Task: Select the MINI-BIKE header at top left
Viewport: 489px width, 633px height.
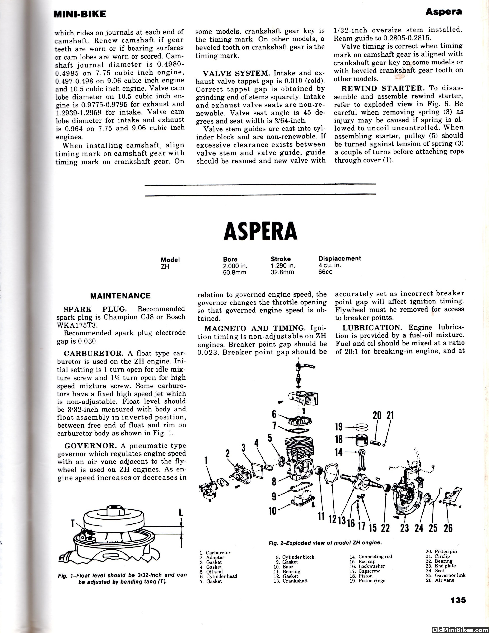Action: (80, 14)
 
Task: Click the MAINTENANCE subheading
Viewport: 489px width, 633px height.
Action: (120, 296)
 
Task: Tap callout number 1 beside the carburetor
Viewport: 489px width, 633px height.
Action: (206, 460)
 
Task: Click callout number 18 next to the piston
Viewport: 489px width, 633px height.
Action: (339, 439)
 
